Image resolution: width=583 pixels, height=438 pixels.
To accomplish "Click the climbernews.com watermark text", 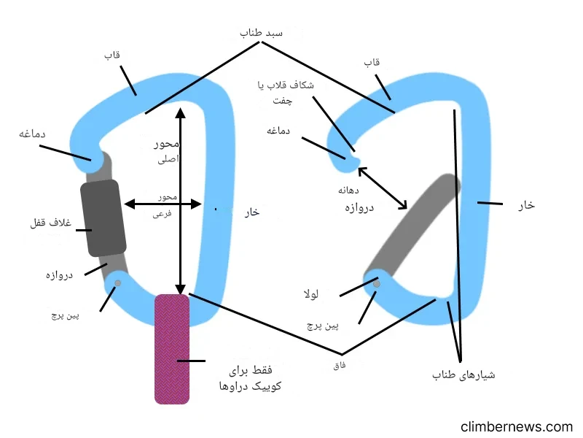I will pyautogui.click(x=517, y=426).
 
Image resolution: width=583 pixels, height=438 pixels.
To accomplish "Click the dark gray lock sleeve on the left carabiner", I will pyautogui.click(x=103, y=218).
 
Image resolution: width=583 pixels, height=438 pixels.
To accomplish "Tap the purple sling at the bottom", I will pyautogui.click(x=172, y=348).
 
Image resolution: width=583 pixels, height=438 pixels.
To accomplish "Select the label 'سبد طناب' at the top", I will pyautogui.click(x=261, y=34).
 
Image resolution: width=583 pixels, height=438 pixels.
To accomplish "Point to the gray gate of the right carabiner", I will pyautogui.click(x=412, y=226).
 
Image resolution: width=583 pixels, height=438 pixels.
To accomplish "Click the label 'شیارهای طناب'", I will pyautogui.click(x=463, y=374).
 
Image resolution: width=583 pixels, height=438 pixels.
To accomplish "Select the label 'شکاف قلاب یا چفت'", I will pyautogui.click(x=286, y=93).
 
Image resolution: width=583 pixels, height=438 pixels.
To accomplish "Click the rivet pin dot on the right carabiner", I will pyautogui.click(x=376, y=284).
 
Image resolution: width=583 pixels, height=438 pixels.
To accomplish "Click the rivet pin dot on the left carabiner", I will pyautogui.click(x=118, y=283).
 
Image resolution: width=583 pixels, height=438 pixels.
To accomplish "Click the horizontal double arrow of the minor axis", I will pyautogui.click(x=162, y=204).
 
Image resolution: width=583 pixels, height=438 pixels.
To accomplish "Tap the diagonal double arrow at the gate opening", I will pyautogui.click(x=382, y=188).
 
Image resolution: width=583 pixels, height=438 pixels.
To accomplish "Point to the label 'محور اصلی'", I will pyautogui.click(x=165, y=150).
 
